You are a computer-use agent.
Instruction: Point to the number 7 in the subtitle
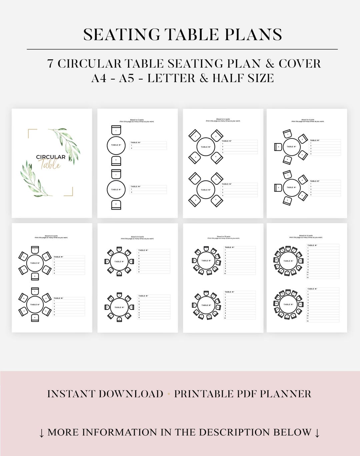50,64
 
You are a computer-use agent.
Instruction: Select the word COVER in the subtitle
300,64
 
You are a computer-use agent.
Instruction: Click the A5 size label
127,78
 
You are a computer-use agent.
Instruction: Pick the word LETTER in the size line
171,78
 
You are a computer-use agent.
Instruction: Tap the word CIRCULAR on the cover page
51,157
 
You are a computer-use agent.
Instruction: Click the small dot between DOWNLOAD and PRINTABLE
169,394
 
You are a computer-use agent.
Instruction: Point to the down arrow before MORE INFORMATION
42,433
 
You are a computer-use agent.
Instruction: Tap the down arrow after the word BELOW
317,433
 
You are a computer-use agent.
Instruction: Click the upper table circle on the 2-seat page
116,145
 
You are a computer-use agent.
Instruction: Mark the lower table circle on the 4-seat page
206,190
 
